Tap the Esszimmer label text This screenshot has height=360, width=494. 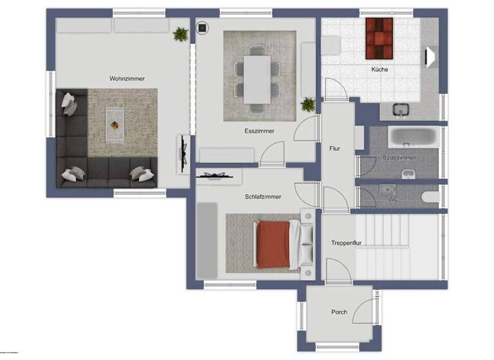pyautogui.click(x=259, y=130)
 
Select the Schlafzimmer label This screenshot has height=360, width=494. pyautogui.click(x=262, y=197)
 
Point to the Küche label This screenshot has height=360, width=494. pyautogui.click(x=379, y=69)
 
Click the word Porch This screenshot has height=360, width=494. pyautogui.click(x=339, y=312)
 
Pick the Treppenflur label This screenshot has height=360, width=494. pyautogui.click(x=346, y=243)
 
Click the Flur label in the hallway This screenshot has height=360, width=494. pyautogui.click(x=334, y=148)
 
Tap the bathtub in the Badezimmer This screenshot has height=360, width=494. pyautogui.click(x=414, y=137)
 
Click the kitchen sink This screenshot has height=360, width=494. pyautogui.click(x=402, y=111)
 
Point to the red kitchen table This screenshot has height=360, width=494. pyautogui.click(x=379, y=38)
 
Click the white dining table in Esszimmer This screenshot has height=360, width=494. pyautogui.click(x=257, y=79)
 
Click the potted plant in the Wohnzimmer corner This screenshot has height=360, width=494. pyautogui.click(x=181, y=34)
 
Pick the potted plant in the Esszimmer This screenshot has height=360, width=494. pyautogui.click(x=308, y=104)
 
